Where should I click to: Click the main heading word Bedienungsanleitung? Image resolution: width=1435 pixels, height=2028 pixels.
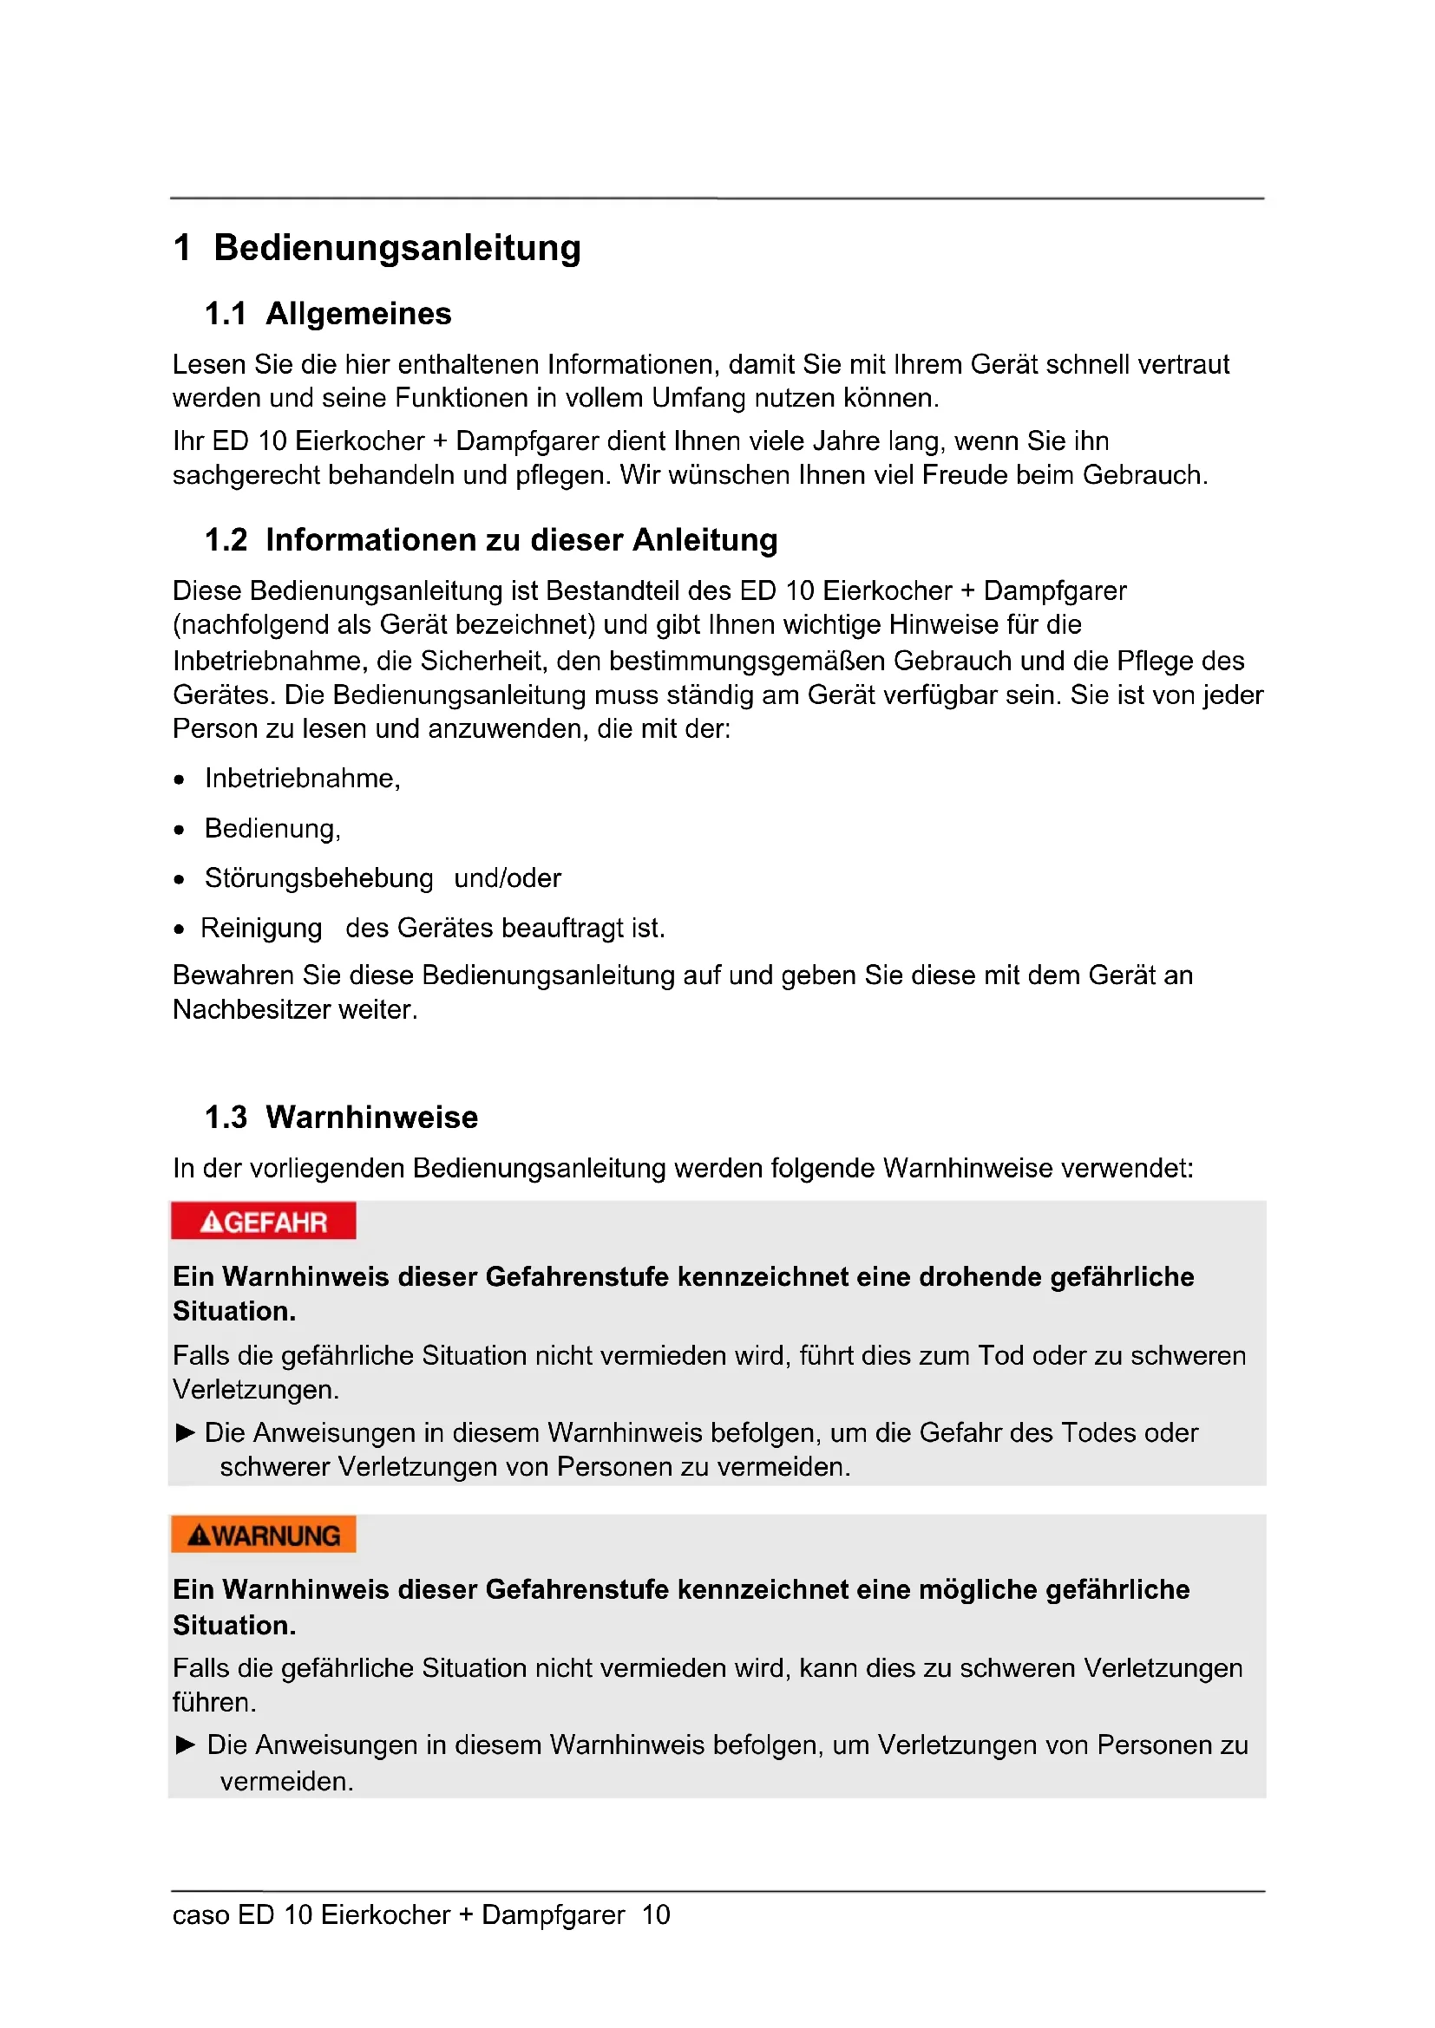(x=396, y=247)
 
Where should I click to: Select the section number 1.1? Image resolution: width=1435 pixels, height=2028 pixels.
(x=226, y=314)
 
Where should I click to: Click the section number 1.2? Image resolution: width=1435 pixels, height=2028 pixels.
(x=226, y=539)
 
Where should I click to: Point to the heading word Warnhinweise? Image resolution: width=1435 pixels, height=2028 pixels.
(x=371, y=1118)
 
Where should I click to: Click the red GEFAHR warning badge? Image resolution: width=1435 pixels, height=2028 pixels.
(x=264, y=1222)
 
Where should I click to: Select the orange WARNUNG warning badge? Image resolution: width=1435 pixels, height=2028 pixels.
(x=264, y=1536)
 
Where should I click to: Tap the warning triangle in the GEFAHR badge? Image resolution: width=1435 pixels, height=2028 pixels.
(x=211, y=1223)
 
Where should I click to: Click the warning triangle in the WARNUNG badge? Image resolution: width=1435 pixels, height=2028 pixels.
(x=199, y=1536)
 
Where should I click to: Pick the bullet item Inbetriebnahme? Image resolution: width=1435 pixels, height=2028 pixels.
(x=301, y=778)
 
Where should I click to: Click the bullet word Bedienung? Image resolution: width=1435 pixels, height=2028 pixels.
(x=272, y=829)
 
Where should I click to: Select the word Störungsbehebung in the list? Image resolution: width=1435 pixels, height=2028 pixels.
(x=319, y=878)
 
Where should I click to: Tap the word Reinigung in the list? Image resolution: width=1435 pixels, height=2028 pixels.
(x=261, y=929)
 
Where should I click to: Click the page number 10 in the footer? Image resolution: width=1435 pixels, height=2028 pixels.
(x=656, y=1915)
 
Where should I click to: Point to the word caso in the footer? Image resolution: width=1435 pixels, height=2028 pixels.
(x=200, y=1915)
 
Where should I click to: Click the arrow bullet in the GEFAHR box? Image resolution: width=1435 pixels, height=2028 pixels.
(x=186, y=1432)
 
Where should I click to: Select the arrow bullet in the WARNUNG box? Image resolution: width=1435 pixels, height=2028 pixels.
(x=186, y=1744)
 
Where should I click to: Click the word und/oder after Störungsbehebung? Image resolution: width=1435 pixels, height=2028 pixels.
(x=508, y=878)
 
